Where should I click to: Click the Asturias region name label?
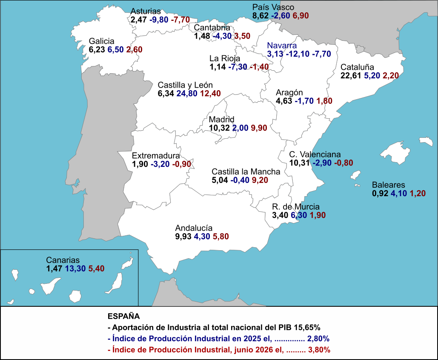pyautogui.click(x=146, y=11)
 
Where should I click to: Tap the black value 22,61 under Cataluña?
pyautogui.click(x=351, y=75)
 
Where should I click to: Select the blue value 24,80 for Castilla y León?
pyautogui.click(x=187, y=93)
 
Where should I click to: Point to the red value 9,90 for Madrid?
pyautogui.click(x=259, y=128)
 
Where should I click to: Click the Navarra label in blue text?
pyautogui.click(x=282, y=46)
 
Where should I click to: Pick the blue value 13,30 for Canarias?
pyautogui.click(x=75, y=269)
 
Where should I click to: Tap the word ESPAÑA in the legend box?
pyautogui.click(x=124, y=316)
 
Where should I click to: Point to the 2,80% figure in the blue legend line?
pyautogui.click(x=318, y=338)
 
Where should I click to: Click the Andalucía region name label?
pyautogui.click(x=194, y=228)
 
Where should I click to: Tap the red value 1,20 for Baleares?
pyautogui.click(x=418, y=193)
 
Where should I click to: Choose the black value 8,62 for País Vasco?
pyautogui.click(x=261, y=16)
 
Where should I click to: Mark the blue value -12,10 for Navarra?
pyautogui.click(x=298, y=54)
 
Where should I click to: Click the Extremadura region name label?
pyautogui.click(x=156, y=156)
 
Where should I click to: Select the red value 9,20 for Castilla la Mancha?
pyautogui.click(x=260, y=180)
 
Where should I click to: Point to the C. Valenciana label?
pyautogui.click(x=315, y=154)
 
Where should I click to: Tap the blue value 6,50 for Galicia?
pyautogui.click(x=115, y=49)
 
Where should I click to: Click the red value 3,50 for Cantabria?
pyautogui.click(x=242, y=36)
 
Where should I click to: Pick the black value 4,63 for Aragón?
pyautogui.click(x=284, y=101)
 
